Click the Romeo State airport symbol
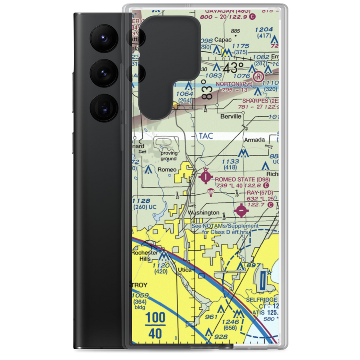tap(206, 177)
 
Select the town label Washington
tap(203, 213)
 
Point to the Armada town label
tap(254, 139)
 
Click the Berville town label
tap(230, 117)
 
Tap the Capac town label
tap(222, 40)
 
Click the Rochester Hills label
tap(144, 256)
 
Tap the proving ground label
tap(168, 156)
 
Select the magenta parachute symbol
tap(210, 194)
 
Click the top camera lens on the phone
tap(102, 37)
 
